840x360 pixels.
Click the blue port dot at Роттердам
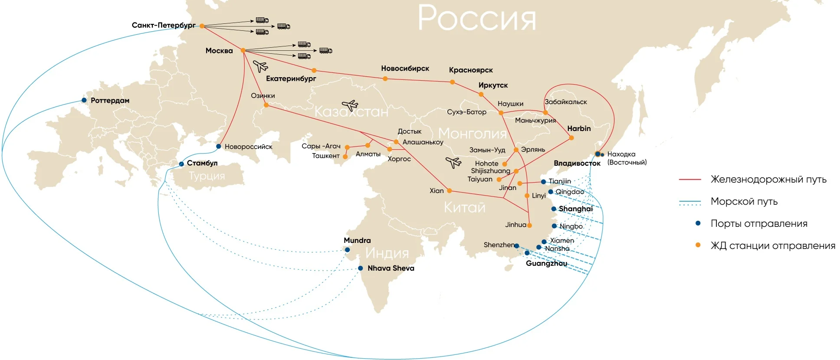[84, 100]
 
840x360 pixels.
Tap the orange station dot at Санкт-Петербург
[202, 26]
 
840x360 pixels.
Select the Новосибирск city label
[405, 68]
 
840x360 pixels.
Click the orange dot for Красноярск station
[452, 82]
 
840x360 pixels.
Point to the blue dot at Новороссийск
[219, 147]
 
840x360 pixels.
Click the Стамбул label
[202, 163]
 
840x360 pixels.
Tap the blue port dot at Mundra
[347, 250]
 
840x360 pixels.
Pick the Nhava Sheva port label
[390, 268]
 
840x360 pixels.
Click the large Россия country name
[476, 18]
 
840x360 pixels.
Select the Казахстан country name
[351, 111]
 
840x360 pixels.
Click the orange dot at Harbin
[571, 138]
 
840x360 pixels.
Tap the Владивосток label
[577, 163]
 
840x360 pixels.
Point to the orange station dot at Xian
[450, 191]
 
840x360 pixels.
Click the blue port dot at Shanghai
[554, 209]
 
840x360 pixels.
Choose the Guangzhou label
[546, 263]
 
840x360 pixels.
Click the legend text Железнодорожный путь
[768, 179]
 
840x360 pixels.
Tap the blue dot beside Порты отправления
[698, 223]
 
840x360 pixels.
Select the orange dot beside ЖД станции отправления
[698, 245]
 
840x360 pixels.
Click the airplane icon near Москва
[260, 66]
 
